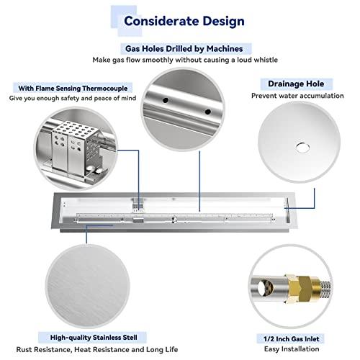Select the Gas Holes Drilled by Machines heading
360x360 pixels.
(x=186, y=49)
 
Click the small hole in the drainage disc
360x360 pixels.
(x=297, y=148)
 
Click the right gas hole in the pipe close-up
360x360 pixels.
(x=207, y=114)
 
